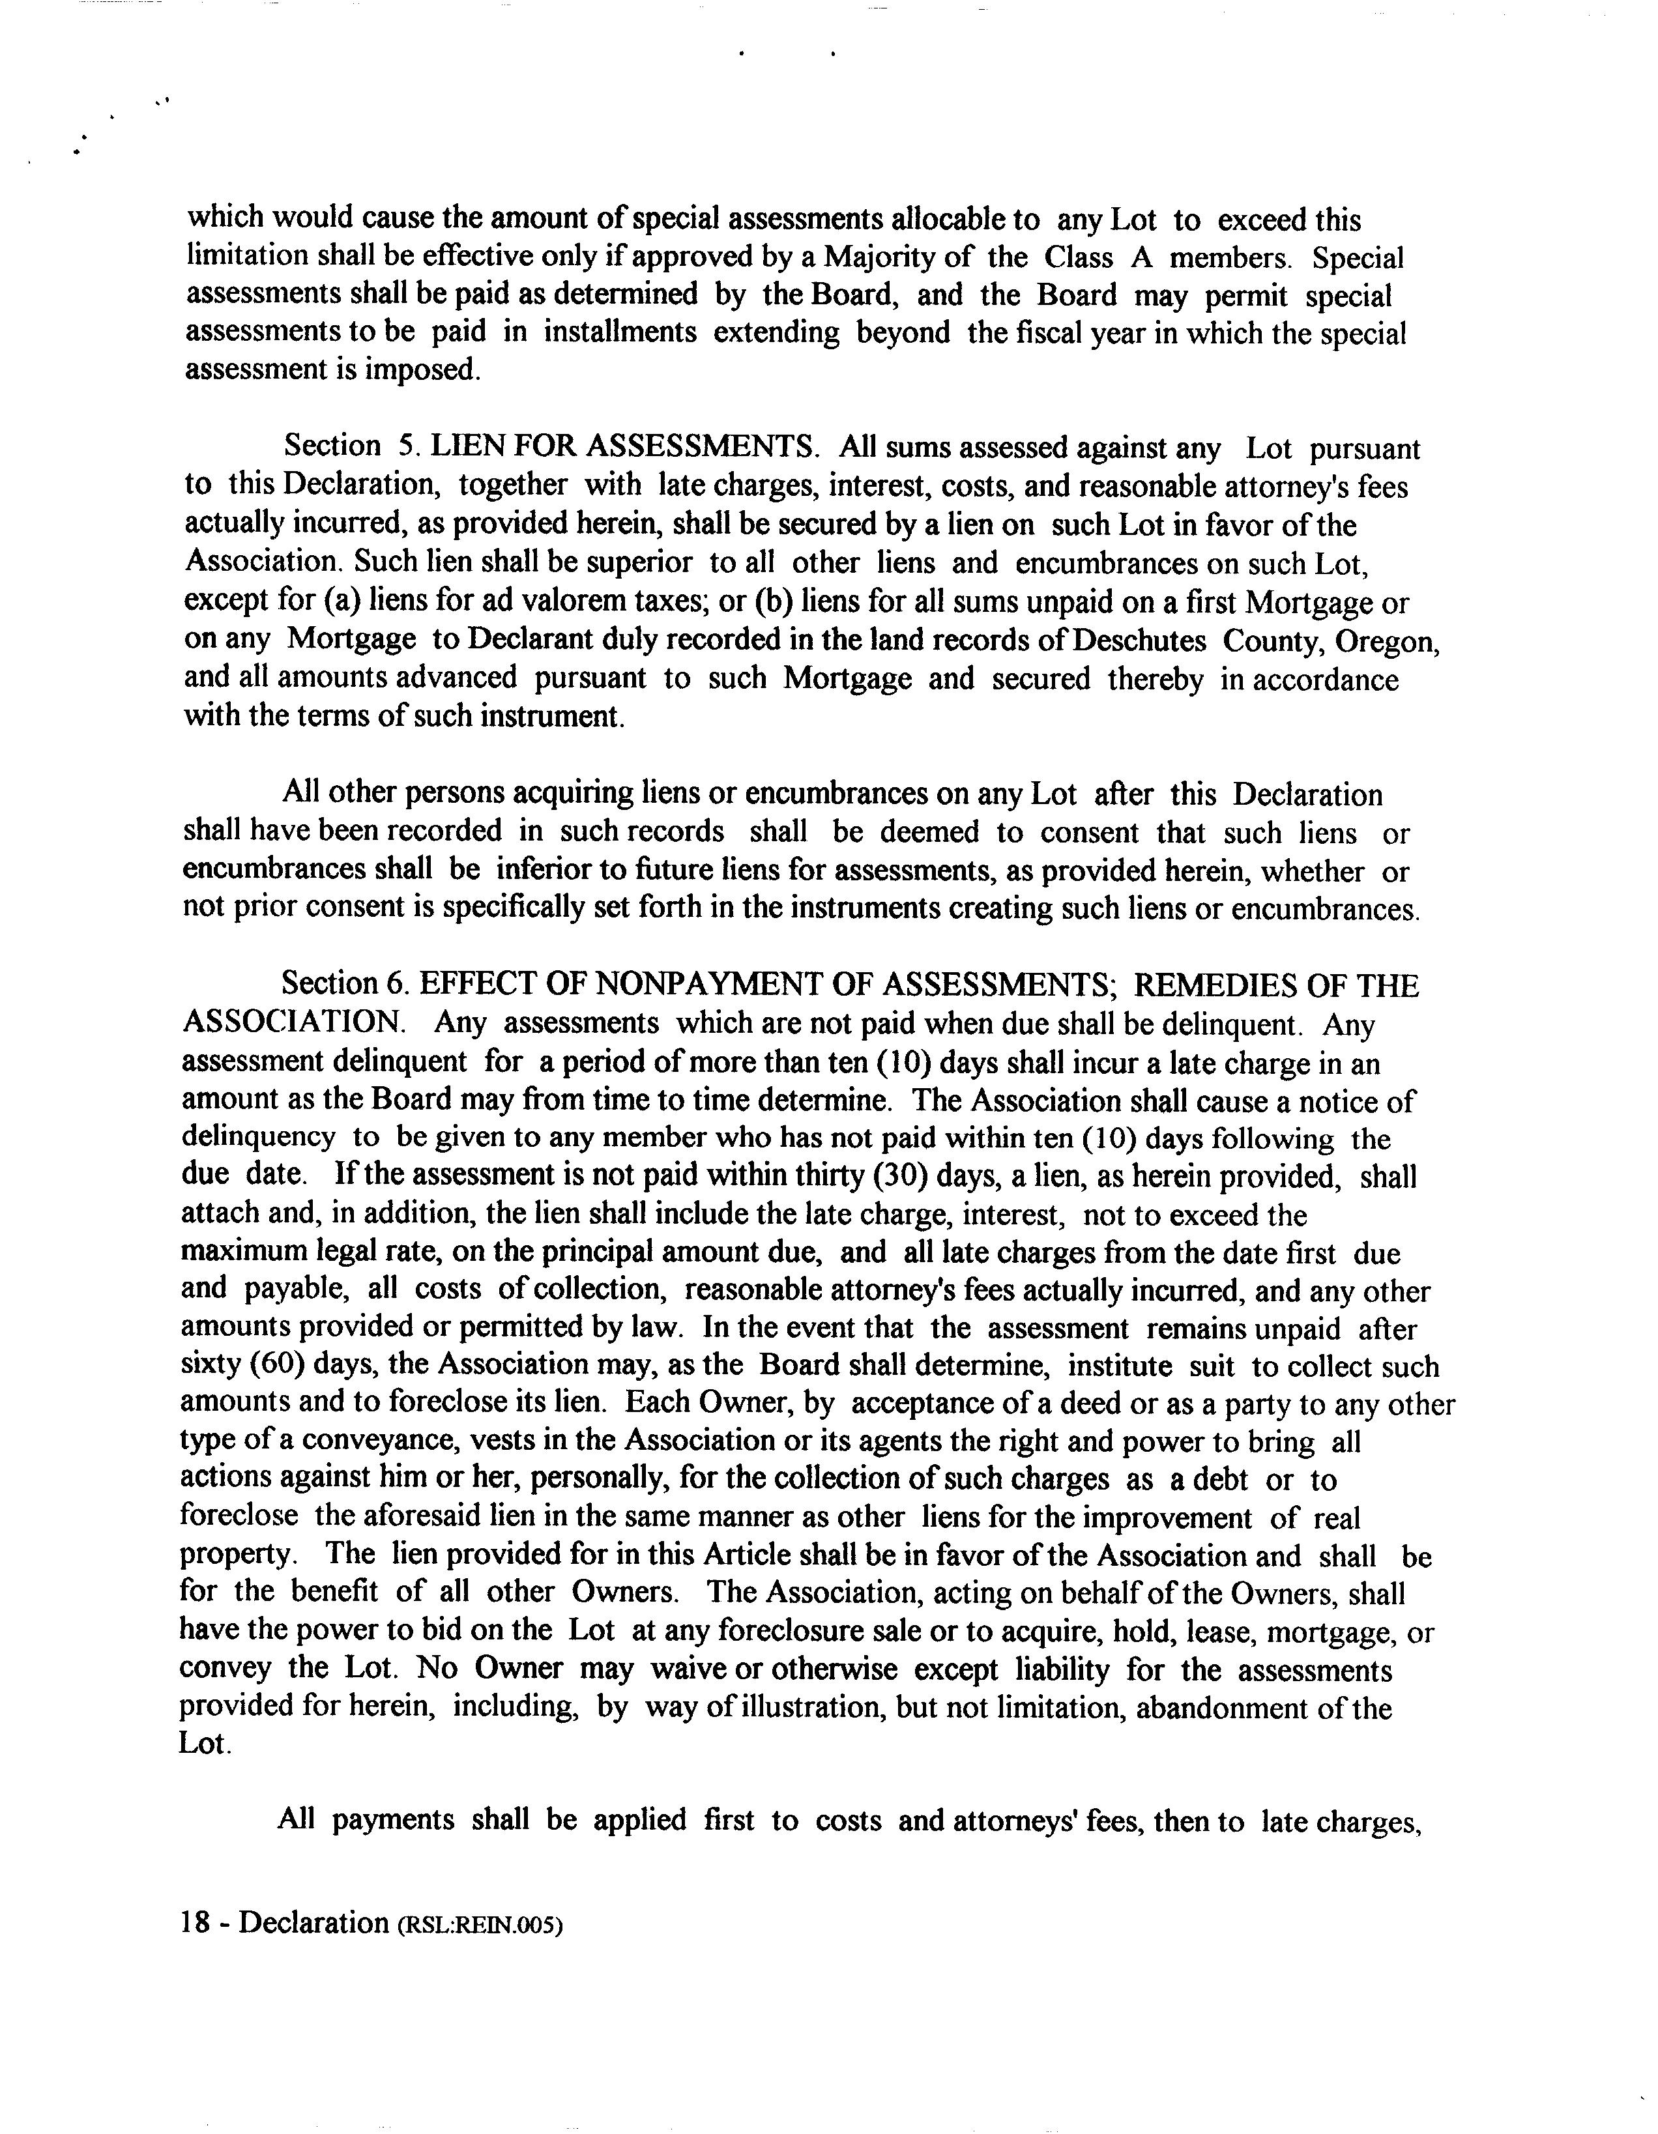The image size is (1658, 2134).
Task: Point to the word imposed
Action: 421,370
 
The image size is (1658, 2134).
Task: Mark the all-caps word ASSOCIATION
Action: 293,1023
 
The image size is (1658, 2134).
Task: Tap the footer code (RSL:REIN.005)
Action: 480,1925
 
